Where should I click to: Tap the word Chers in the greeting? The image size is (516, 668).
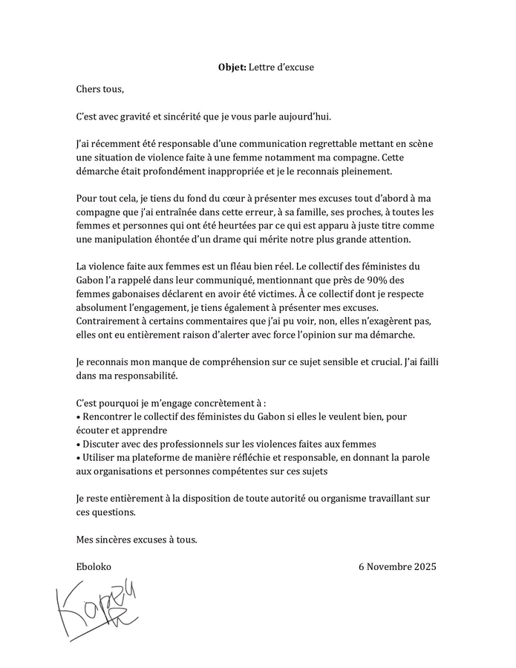pyautogui.click(x=89, y=89)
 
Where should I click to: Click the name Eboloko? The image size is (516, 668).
pyautogui.click(x=94, y=566)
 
